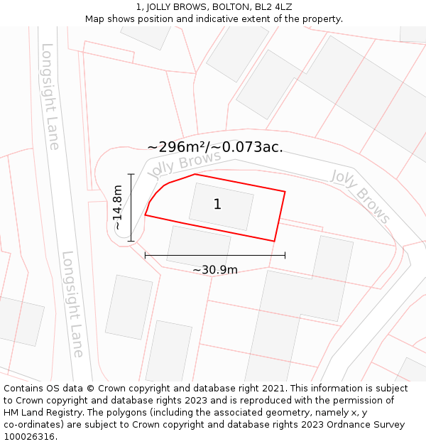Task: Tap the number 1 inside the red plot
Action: click(217, 205)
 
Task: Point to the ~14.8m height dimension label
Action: click(118, 207)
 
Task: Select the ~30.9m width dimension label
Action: click(215, 269)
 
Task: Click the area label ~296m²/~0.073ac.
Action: click(215, 147)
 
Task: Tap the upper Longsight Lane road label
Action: click(50, 97)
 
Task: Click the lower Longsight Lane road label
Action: click(72, 303)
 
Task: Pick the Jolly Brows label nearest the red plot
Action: click(174, 165)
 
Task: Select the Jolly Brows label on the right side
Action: click(361, 195)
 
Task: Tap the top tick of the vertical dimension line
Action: click(131, 173)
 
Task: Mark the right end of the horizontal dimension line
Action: click(285, 254)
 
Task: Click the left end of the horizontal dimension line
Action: click(145, 254)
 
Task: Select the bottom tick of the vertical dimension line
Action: click(131, 242)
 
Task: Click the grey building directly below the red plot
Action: click(198, 245)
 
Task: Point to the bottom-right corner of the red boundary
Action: click(274, 242)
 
